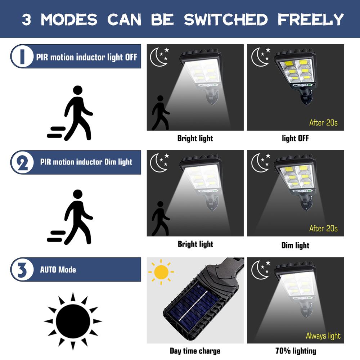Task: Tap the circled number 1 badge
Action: pyautogui.click(x=22, y=56)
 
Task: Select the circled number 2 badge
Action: pyautogui.click(x=22, y=162)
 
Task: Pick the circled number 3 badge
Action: pyautogui.click(x=22, y=269)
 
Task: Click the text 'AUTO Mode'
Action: pyautogui.click(x=58, y=269)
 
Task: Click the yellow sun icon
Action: pyautogui.click(x=161, y=272)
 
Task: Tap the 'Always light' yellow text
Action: pyautogui.click(x=323, y=336)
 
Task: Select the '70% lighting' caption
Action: pyautogui.click(x=296, y=351)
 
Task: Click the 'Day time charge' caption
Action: pyautogui.click(x=195, y=351)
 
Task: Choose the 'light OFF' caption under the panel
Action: pyautogui.click(x=295, y=138)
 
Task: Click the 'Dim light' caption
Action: pyautogui.click(x=295, y=246)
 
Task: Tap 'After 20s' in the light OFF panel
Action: pyautogui.click(x=323, y=123)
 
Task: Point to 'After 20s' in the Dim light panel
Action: pyautogui.click(x=323, y=228)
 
